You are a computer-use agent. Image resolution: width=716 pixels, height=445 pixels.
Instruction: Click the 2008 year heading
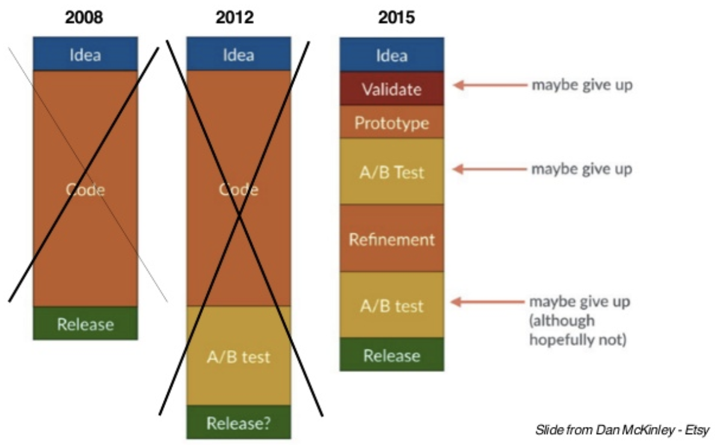84,17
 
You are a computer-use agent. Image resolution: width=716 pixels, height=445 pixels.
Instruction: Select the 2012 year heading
235,17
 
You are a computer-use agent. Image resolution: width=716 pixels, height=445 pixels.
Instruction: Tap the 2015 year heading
397,17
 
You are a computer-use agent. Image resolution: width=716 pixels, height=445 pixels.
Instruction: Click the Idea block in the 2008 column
85,54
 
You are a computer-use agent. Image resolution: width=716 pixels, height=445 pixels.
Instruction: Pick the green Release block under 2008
85,323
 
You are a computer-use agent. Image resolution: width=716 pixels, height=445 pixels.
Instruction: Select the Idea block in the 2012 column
238,54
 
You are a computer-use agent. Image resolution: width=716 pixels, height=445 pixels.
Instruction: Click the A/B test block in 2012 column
238,355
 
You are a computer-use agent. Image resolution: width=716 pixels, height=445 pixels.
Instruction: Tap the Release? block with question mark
238,422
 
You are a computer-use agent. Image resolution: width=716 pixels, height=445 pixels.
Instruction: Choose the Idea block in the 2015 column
392,55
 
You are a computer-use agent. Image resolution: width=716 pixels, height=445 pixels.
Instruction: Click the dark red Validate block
392,88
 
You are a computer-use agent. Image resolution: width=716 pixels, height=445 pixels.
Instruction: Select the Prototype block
392,122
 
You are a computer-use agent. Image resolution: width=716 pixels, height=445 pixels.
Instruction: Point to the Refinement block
392,238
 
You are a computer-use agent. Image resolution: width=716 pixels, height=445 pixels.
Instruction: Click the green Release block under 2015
392,354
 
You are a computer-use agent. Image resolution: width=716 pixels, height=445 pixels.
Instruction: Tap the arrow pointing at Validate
490,85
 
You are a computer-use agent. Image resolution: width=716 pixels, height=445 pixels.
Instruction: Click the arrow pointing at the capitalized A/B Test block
490,169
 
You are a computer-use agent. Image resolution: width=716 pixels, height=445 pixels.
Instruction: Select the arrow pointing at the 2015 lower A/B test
488,302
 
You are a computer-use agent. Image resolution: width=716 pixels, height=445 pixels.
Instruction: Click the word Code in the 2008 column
85,189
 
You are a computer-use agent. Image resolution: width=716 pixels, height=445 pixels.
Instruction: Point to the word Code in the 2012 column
238,189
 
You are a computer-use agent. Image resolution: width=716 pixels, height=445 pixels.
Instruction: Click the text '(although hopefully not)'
578,330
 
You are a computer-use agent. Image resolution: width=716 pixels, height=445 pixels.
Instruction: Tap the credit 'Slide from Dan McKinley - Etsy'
622,429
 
